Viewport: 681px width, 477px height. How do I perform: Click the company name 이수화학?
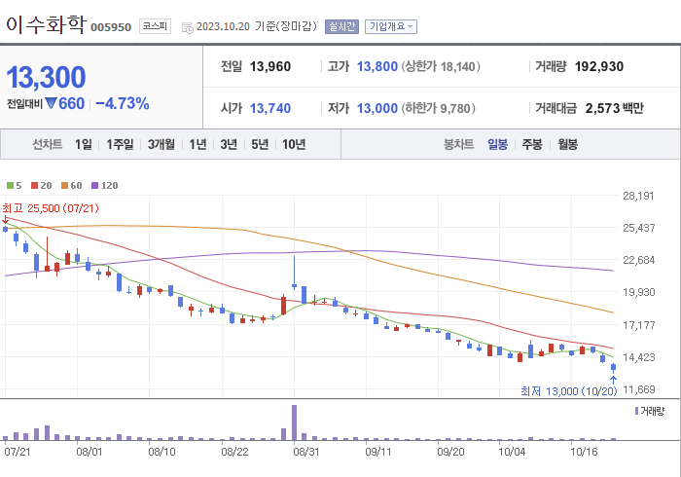point(45,24)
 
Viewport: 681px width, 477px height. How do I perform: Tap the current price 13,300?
point(46,76)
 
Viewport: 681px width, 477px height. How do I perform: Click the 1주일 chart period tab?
point(121,144)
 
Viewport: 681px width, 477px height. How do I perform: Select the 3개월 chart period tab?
point(161,144)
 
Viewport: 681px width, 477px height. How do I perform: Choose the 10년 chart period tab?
point(293,144)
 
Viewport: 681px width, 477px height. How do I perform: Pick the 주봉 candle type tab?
point(531,144)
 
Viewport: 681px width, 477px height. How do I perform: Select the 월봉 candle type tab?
point(567,144)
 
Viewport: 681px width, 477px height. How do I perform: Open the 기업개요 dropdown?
point(391,26)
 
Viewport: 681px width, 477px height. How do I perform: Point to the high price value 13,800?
point(377,67)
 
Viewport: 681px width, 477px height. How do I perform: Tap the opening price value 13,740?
point(270,108)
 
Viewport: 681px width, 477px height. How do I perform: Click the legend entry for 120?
point(104,185)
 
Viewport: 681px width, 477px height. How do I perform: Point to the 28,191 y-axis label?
point(638,196)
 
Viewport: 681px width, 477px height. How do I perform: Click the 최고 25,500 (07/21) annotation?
point(50,207)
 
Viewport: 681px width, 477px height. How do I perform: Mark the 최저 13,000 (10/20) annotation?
point(569,391)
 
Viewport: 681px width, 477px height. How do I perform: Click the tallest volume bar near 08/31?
point(294,422)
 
